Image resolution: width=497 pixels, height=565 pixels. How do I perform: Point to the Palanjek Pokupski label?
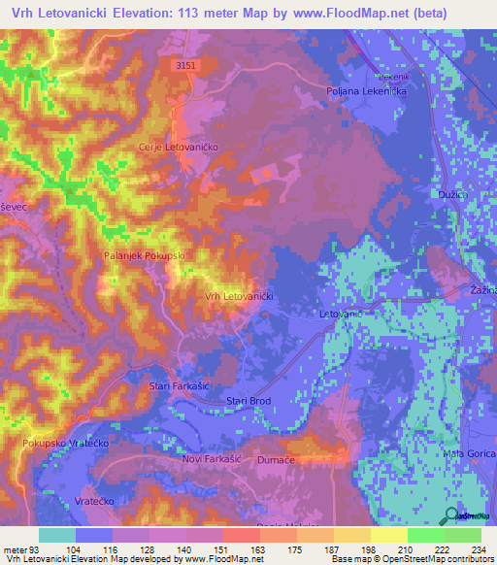(144, 255)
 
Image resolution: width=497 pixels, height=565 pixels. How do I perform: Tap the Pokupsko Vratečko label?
(64, 443)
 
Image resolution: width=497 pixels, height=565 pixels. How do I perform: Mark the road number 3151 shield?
(186, 65)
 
